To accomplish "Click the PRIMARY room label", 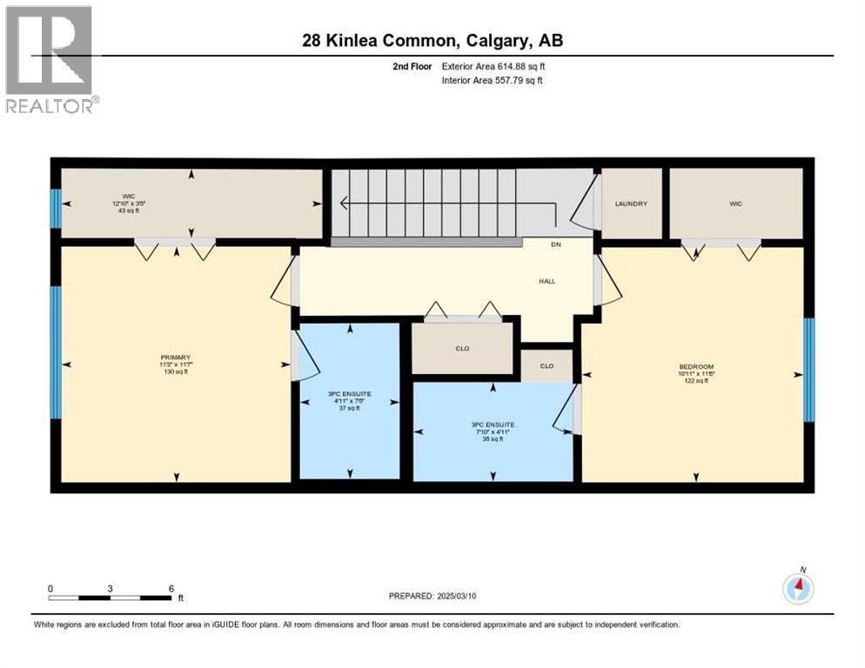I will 175,357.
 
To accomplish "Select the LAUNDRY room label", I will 632,204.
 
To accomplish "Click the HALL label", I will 546,281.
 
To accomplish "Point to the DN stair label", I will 556,245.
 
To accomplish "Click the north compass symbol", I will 798,589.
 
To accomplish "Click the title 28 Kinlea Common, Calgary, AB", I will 432,41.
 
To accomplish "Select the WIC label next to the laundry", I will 736,204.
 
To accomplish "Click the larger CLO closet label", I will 462,349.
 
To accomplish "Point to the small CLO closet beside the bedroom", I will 546,366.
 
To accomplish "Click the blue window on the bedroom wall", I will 808,369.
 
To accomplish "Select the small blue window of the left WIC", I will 56,209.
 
